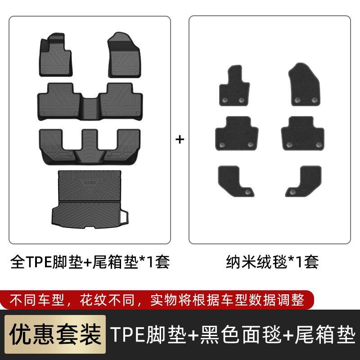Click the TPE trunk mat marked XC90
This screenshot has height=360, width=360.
90,199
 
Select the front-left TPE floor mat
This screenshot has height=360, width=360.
55,55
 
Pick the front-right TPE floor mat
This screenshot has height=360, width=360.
124,55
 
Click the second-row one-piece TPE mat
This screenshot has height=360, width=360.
90,102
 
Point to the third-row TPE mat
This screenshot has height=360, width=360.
90,147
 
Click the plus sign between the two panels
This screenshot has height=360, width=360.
180,139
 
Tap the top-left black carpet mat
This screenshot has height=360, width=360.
234,85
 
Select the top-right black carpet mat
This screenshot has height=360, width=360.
304,85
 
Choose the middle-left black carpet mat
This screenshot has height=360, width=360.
237,133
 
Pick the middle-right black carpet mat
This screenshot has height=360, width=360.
302,133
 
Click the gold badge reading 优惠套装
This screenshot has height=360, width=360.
55,334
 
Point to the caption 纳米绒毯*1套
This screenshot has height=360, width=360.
272,262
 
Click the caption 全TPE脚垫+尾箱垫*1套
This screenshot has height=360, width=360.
90,262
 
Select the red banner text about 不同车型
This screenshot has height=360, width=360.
157,300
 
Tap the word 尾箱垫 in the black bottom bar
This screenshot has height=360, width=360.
325,334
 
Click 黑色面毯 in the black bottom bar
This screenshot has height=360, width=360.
241,334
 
